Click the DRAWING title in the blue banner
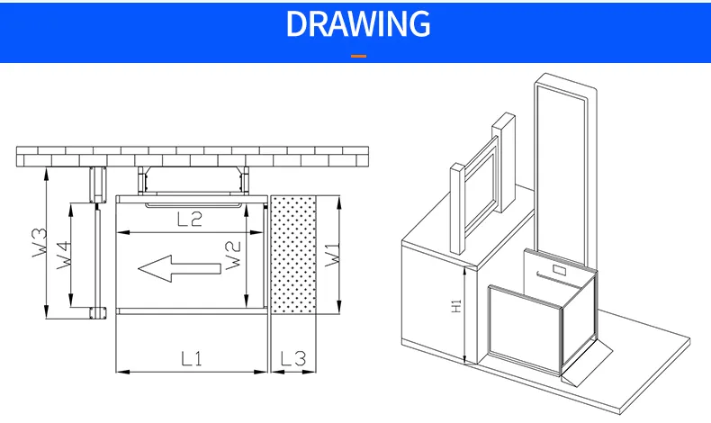357,23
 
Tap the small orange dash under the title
358,57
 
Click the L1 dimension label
191,358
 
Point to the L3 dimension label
292,358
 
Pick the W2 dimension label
231,256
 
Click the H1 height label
456,306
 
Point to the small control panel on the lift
559,267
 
